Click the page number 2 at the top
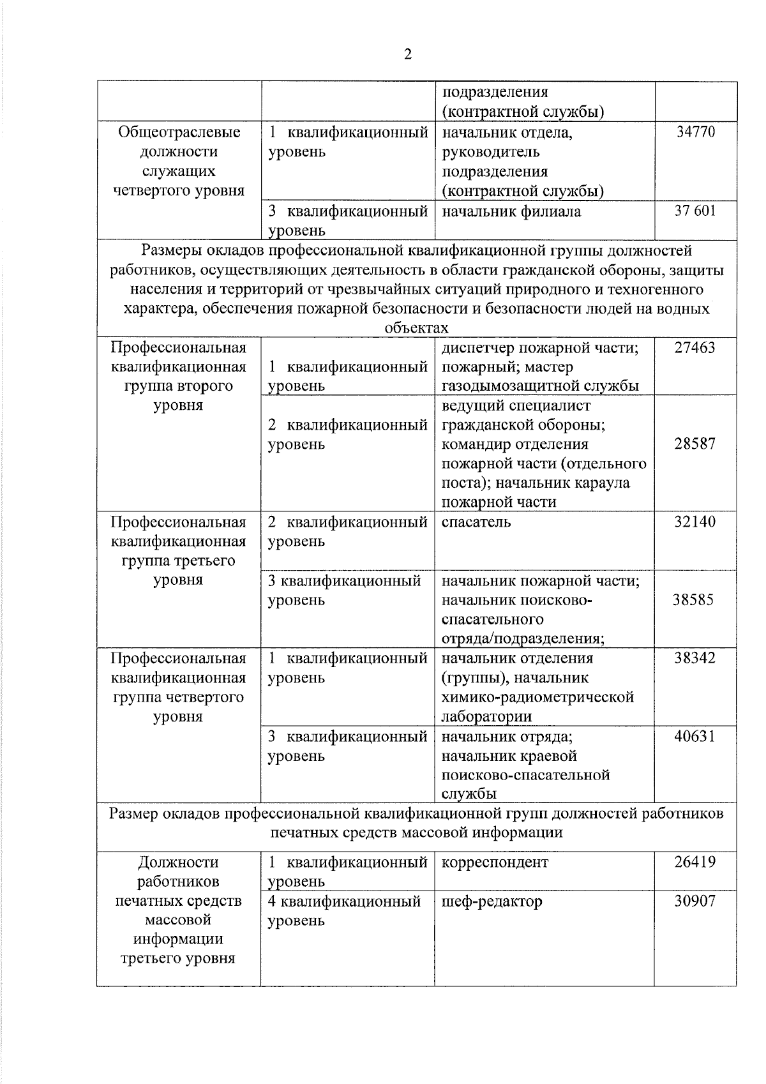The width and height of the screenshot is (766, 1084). [408, 54]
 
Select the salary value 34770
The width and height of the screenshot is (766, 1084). [695, 132]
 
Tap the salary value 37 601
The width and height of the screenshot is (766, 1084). [695, 211]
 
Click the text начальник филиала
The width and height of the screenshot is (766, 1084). [511, 211]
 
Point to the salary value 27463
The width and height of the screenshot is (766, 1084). [695, 348]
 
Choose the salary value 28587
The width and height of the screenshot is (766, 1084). [695, 444]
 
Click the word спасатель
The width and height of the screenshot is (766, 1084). [476, 522]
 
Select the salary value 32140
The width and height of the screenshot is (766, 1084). [695, 522]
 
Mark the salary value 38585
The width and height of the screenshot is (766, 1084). [693, 600]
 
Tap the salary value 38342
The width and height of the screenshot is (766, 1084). [695, 658]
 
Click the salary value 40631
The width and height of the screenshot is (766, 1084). [695, 737]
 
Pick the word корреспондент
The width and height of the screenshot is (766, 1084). [495, 862]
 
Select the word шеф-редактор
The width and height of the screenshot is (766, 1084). [492, 901]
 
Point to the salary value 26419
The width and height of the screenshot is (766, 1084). [695, 862]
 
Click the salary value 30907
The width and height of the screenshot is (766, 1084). [695, 901]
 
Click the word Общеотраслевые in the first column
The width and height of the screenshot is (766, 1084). [179, 132]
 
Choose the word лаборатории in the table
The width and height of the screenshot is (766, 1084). [486, 717]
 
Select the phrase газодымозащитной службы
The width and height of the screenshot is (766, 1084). [540, 386]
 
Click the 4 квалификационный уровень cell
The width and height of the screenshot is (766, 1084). [345, 911]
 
